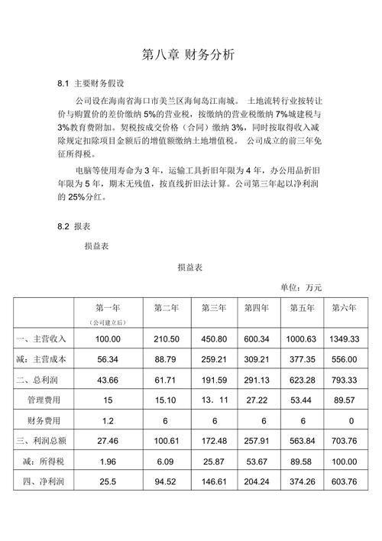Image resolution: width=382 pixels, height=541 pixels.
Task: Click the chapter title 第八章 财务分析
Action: tap(189, 55)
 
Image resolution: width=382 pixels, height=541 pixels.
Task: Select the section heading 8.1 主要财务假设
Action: tap(91, 82)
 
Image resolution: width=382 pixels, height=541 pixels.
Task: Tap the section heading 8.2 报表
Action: tap(75, 227)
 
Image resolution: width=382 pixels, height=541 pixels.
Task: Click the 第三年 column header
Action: tap(213, 308)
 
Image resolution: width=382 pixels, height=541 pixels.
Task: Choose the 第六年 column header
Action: tap(344, 308)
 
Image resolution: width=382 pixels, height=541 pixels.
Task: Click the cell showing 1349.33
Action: tap(344, 339)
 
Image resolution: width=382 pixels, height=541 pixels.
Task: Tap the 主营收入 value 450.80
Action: tap(213, 339)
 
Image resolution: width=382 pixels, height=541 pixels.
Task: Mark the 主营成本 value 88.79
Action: tap(165, 358)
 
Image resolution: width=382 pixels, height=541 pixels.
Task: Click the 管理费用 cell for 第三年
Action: tap(213, 400)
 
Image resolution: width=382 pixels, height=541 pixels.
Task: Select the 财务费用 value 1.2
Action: tap(108, 420)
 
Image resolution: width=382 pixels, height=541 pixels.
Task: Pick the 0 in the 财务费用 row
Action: tap(351, 420)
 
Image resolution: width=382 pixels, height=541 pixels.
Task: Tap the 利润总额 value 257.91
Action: tap(257, 441)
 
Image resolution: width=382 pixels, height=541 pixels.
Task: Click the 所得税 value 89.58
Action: tap(301, 462)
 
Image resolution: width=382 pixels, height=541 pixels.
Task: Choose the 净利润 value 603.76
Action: tap(344, 482)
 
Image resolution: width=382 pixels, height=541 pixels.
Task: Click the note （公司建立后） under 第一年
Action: tap(108, 322)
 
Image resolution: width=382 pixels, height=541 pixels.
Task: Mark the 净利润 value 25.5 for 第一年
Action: tap(108, 482)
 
